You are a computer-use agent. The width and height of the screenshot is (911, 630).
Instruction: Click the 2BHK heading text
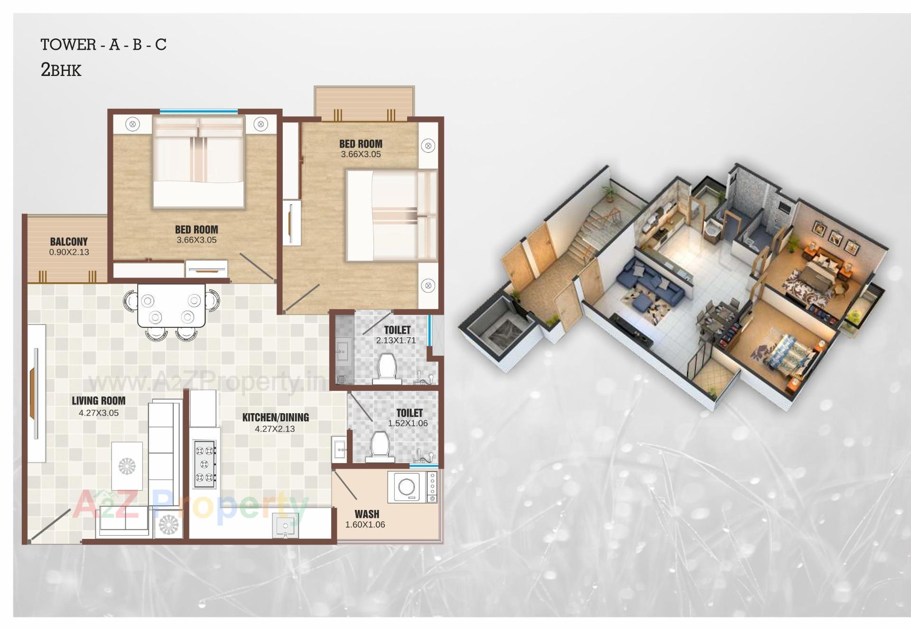[61, 70]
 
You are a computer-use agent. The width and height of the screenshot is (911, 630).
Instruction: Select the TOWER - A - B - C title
[103, 45]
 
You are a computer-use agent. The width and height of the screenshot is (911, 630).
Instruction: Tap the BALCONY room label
[69, 242]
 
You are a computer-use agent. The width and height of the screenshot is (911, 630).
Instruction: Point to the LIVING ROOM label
[99, 401]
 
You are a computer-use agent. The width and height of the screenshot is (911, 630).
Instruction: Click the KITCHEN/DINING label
[275, 417]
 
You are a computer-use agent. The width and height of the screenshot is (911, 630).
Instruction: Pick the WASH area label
[367, 514]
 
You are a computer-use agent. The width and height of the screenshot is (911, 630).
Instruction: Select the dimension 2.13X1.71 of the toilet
[396, 341]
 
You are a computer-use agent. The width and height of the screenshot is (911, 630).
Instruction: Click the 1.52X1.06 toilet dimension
[408, 424]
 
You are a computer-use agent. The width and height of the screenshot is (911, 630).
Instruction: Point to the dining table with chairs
[171, 306]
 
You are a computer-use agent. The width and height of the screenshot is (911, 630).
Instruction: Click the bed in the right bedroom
[391, 216]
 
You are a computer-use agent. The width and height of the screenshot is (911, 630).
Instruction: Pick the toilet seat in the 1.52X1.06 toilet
[380, 446]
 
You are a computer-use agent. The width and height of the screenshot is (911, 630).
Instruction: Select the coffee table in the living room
[127, 466]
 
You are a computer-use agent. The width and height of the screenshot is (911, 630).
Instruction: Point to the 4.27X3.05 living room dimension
[99, 413]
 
